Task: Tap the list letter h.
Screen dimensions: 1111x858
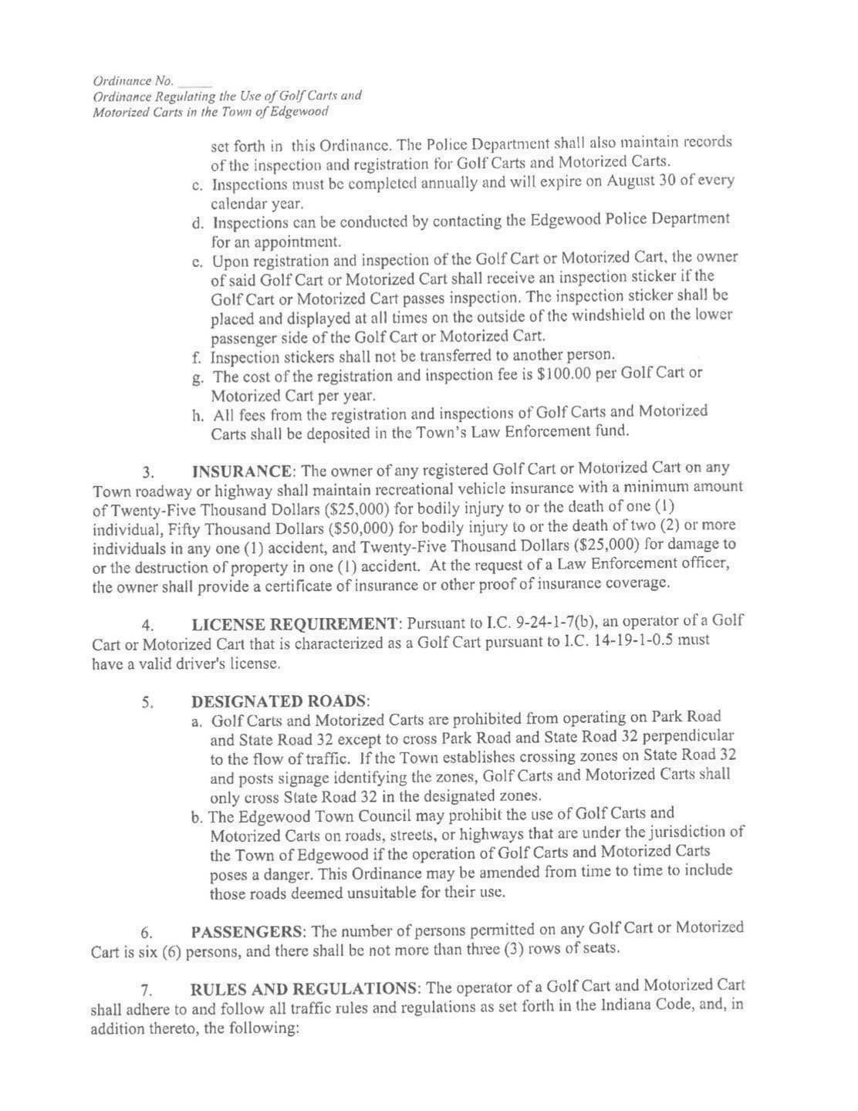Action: coord(198,415)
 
